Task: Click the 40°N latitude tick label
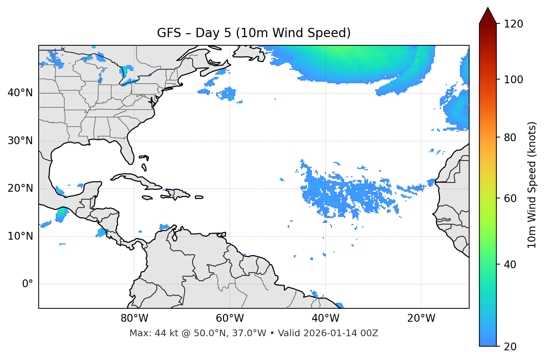click(x=20, y=93)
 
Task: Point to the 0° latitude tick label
click(x=28, y=284)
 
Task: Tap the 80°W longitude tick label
click(x=134, y=318)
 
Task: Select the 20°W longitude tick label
click(x=421, y=318)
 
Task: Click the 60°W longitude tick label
click(x=230, y=318)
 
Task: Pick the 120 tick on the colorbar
click(x=513, y=24)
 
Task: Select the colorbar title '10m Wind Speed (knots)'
click(x=532, y=185)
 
